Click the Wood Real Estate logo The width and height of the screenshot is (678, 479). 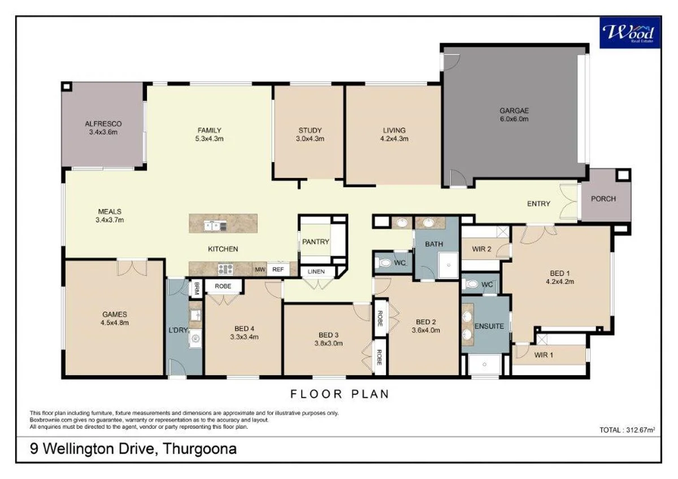coord(630,32)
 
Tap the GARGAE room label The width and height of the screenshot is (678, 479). coord(514,111)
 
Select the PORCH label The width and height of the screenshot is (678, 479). coord(603,199)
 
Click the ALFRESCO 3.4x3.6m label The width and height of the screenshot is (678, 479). coord(103,128)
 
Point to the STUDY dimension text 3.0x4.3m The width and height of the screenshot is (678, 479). coord(310,138)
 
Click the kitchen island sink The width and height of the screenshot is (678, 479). coord(215,226)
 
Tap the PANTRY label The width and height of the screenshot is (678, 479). coord(315,242)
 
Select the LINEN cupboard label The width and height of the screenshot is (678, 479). coord(316,272)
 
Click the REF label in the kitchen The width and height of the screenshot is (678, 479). coord(277,270)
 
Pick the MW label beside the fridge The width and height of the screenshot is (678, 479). coord(260,270)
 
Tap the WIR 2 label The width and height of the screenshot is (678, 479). coord(481,248)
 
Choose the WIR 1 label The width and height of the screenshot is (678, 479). coord(545,355)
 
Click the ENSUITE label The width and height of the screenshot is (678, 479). coord(489,326)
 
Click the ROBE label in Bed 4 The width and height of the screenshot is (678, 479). coord(223,286)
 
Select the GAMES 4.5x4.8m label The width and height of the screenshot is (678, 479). coord(115,319)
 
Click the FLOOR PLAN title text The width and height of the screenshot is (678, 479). coord(340,394)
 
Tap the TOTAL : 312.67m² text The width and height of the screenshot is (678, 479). coord(627,430)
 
